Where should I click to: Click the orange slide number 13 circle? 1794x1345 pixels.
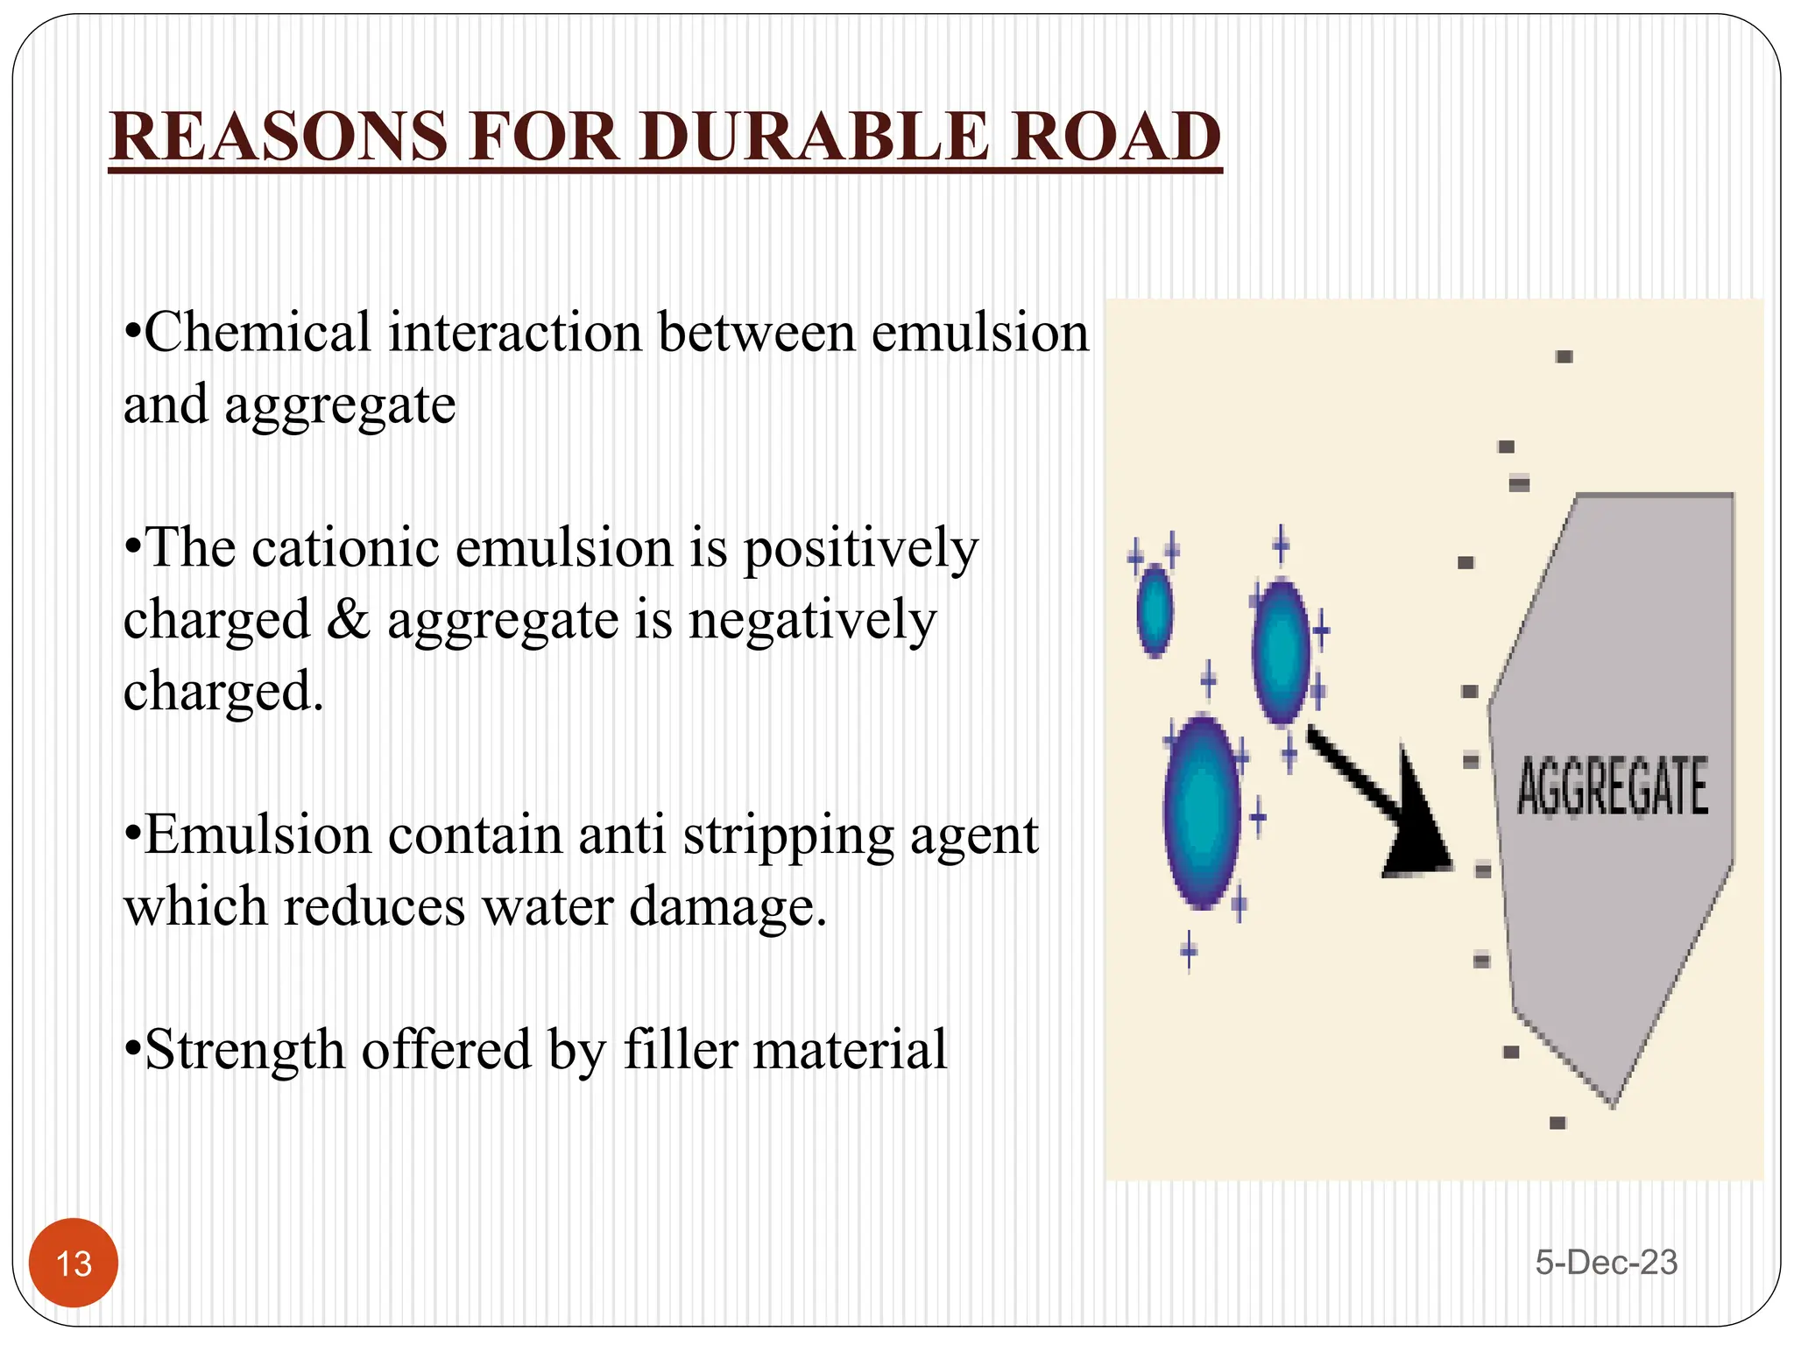(74, 1263)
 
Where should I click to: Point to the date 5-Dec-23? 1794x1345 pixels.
(1606, 1262)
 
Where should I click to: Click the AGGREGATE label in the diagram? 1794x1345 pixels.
(1612, 787)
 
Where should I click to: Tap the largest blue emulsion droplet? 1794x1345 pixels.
(1203, 813)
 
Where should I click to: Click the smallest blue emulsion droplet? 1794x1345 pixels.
(1155, 610)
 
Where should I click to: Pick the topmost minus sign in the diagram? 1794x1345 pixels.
(1564, 356)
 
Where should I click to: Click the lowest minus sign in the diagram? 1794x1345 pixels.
(1557, 1123)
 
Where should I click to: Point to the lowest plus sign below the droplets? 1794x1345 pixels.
(1189, 950)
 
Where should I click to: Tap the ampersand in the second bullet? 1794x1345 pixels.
(349, 620)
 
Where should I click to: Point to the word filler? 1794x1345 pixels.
(680, 1049)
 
